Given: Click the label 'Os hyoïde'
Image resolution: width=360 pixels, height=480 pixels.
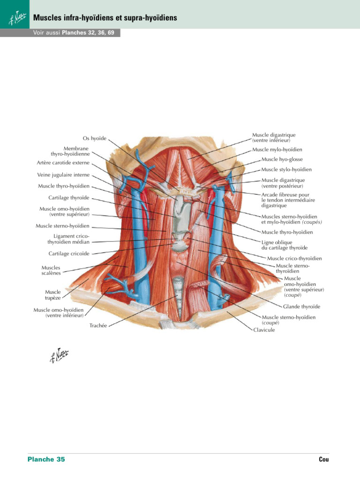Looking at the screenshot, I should pos(95,138).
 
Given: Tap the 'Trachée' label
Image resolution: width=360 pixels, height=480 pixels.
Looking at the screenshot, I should pos(98,325).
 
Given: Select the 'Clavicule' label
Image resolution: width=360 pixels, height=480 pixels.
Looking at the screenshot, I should pos(264,330).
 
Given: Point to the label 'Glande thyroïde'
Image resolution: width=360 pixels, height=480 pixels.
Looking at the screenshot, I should pos(302,307).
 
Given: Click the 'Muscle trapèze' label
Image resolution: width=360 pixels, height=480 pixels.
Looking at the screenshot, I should pos(52,294).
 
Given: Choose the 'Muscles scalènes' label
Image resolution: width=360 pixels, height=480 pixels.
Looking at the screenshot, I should pos(51,270).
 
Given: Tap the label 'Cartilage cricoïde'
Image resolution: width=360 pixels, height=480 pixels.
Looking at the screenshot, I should pos(69,254).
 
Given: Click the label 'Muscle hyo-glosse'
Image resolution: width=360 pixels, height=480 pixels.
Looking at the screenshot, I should pos(282,159).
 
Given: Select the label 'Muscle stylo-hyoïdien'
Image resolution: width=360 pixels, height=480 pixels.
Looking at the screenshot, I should pos(286,170).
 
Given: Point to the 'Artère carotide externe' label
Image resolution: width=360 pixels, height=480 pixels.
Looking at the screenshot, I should pos(63,163).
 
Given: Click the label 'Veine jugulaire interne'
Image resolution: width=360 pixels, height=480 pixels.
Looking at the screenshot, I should pos(63,175).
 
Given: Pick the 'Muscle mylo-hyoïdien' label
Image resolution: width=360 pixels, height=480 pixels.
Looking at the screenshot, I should pos(277,150).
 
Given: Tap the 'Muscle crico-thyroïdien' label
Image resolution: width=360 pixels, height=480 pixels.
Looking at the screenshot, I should pos(294,258).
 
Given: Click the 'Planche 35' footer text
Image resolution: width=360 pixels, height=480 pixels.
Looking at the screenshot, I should pos(46,459).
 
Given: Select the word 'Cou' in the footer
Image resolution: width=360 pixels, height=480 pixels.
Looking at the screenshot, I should pos(324,459).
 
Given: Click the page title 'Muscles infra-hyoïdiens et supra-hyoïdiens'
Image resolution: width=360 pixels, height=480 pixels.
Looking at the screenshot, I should pos(105,18).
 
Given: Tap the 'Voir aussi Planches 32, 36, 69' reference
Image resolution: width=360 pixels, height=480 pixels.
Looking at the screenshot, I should pos(74,33).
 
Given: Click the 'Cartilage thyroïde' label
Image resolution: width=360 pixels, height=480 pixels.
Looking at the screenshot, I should pos(69,198).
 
